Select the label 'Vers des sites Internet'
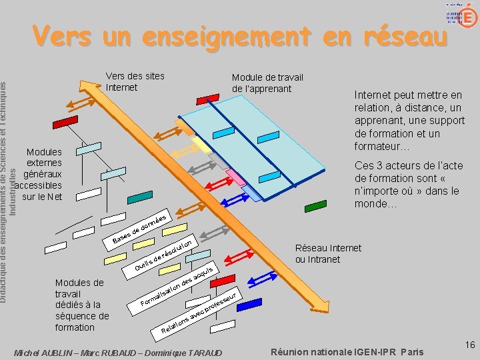pos(135,81)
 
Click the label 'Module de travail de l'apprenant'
pos(267,83)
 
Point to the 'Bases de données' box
pos(141,227)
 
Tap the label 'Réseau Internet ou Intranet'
pos(328,253)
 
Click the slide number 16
pos(469,345)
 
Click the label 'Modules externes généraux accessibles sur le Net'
pos(41,174)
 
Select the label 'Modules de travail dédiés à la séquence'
pos(81,305)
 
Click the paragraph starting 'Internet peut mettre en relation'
pos(409,121)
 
